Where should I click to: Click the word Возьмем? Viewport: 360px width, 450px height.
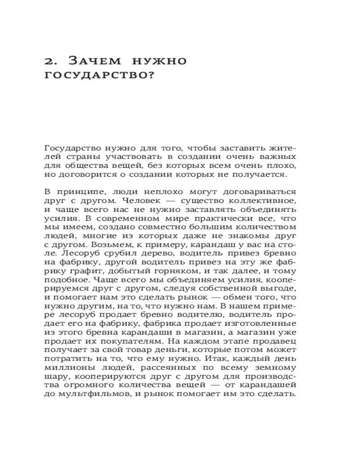[x=108, y=245]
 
